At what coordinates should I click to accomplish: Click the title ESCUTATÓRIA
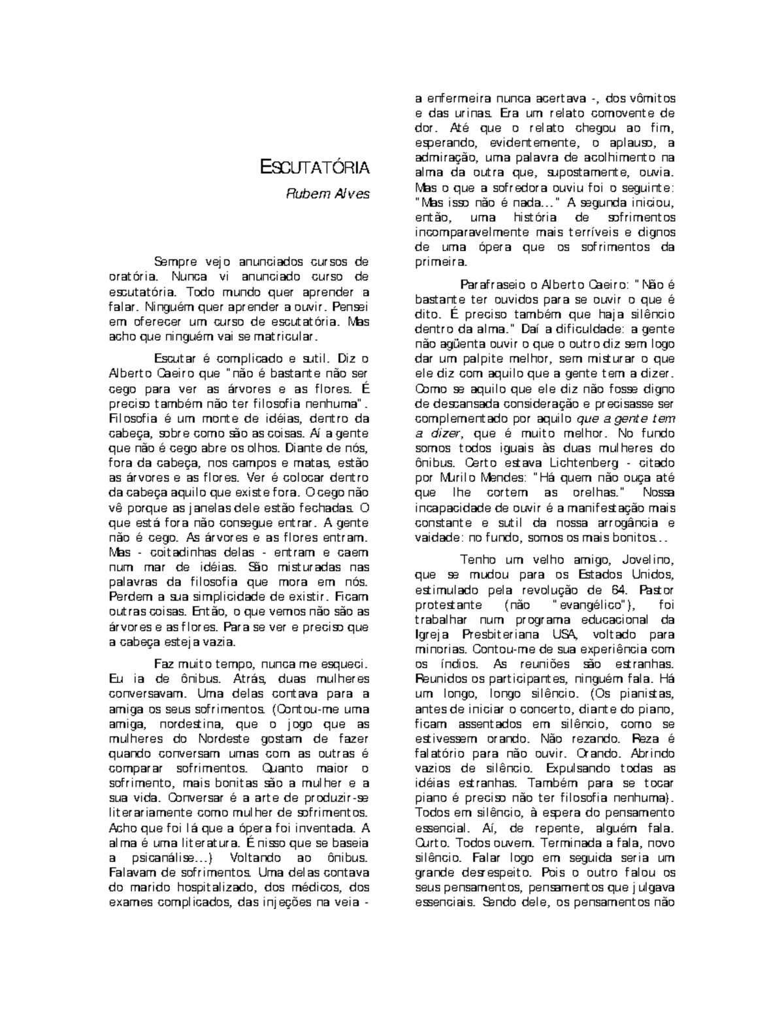[314, 168]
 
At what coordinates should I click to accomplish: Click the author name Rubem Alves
[325, 195]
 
